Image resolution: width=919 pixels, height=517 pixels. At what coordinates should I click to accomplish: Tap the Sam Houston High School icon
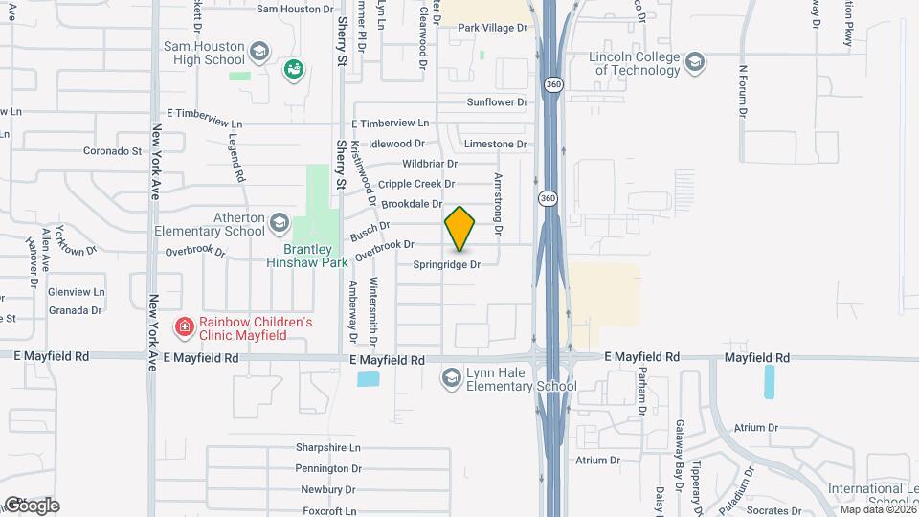(258, 51)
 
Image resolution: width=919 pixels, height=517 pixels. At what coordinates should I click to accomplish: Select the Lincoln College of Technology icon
(695, 63)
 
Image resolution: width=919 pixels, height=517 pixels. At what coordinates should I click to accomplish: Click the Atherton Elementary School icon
(279, 223)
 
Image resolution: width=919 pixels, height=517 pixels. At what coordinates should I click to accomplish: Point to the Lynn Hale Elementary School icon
(450, 379)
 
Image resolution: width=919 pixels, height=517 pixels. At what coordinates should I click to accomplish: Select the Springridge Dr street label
(446, 264)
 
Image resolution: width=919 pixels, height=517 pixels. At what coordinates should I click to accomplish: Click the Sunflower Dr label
(497, 101)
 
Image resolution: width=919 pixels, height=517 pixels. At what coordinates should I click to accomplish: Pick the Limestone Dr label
(495, 144)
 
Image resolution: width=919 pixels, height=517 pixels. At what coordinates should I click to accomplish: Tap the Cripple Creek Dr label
(415, 184)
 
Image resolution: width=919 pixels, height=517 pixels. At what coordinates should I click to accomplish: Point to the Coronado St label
(112, 151)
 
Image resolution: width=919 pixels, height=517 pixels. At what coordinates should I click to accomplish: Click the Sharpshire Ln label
(327, 448)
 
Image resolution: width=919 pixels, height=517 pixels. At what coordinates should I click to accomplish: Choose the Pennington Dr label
(328, 468)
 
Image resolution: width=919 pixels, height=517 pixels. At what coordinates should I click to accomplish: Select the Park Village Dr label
(492, 28)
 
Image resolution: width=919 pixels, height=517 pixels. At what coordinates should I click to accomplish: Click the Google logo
(31, 505)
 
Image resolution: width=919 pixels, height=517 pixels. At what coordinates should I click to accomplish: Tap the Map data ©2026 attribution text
(876, 508)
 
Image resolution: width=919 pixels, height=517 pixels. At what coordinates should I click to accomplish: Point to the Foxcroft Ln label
(326, 511)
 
